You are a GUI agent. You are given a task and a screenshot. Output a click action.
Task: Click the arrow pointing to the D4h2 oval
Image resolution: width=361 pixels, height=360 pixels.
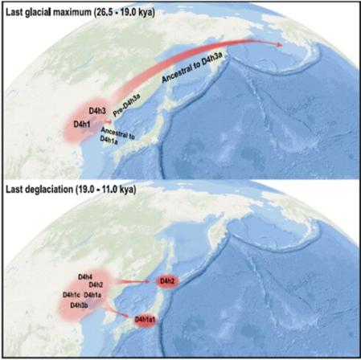(x=129, y=281)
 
